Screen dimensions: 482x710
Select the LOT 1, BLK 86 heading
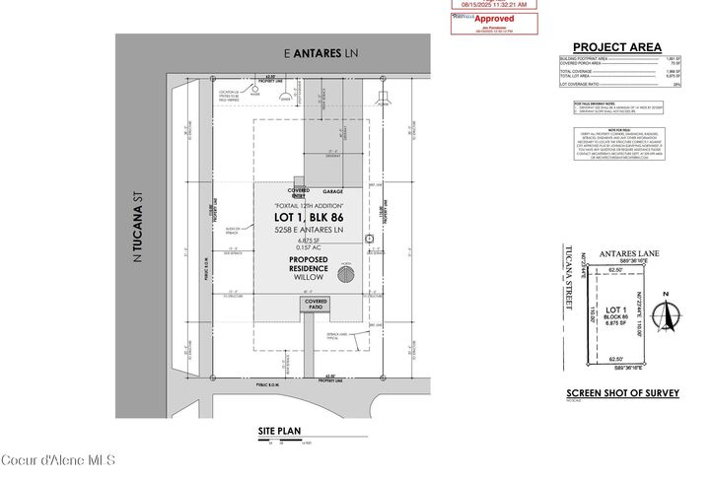tap(312, 215)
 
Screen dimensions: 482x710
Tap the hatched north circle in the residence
tap(345, 275)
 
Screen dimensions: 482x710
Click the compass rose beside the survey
tap(670, 313)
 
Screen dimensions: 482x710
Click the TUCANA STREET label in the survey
tap(568, 280)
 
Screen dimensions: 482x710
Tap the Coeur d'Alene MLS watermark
tap(59, 460)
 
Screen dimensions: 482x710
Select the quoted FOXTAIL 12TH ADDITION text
tap(312, 204)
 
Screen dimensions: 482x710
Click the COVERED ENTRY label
tap(299, 193)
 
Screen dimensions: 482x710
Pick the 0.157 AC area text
tap(312, 246)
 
